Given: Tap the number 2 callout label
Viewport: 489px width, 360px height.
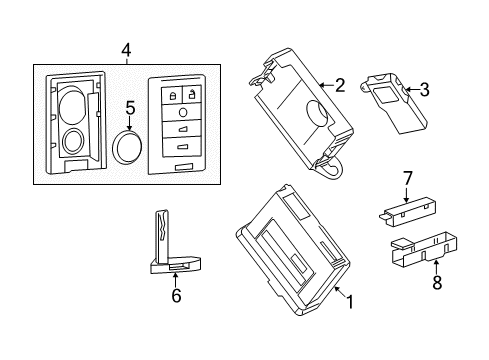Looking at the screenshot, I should [339, 86].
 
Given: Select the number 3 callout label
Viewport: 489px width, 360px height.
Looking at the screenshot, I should [424, 91].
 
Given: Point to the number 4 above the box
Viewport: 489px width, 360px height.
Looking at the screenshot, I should [125, 49].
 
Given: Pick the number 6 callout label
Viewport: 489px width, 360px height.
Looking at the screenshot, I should [176, 296].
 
